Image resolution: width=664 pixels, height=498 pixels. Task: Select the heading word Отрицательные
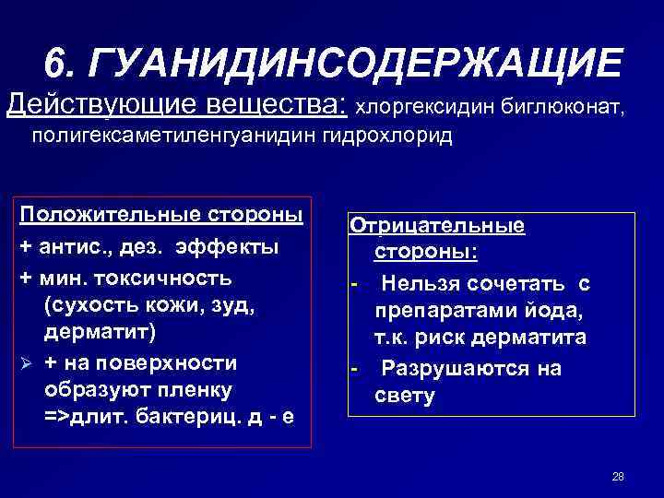pyautogui.click(x=437, y=225)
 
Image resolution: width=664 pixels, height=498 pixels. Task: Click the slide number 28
pyautogui.click(x=618, y=477)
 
